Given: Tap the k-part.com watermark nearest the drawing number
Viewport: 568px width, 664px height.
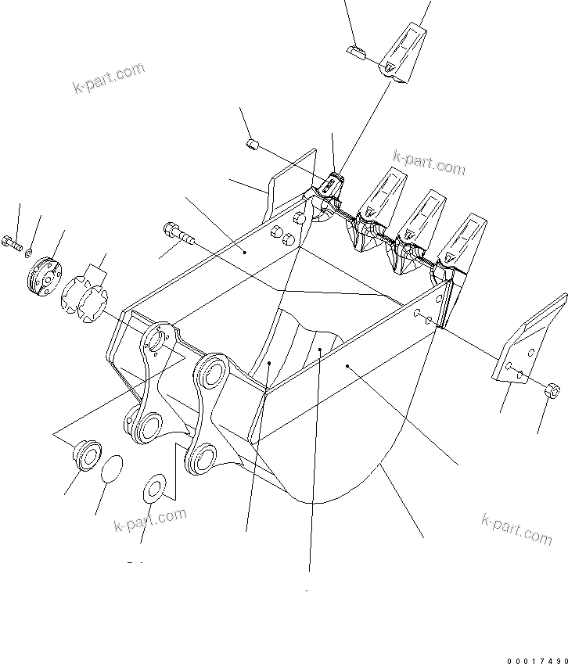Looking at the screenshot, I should [x=516, y=529].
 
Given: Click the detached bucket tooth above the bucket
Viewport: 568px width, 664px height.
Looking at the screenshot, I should [x=404, y=52].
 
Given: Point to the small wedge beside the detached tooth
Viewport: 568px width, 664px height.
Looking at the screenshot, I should [x=356, y=52].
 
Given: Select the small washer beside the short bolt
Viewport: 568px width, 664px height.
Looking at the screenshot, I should [x=29, y=253].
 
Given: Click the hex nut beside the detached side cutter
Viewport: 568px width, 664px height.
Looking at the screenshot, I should [x=550, y=387].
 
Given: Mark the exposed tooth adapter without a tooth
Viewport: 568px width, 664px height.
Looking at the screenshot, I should [x=332, y=188].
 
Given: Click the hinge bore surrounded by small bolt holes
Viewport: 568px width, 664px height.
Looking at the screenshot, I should [x=156, y=340].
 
